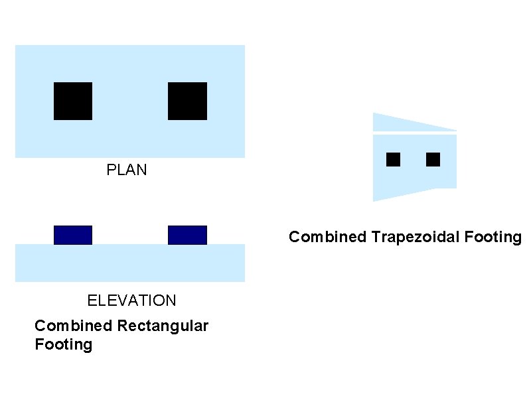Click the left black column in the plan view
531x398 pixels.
point(73,101)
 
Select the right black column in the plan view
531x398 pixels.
point(187,101)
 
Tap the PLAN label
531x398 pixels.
point(127,170)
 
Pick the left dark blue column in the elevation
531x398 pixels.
point(73,235)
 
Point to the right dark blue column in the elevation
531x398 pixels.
point(187,235)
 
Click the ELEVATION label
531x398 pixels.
point(132,300)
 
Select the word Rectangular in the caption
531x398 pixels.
point(162,326)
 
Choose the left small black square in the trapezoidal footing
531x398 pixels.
point(394,159)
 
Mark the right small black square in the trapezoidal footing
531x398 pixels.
point(433,159)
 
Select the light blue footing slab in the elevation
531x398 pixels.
point(130,263)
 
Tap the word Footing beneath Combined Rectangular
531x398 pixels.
point(63,345)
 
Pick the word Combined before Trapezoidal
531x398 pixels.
point(327,237)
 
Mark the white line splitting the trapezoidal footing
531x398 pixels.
point(415,133)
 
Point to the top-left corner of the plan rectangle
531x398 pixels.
point(16,46)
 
